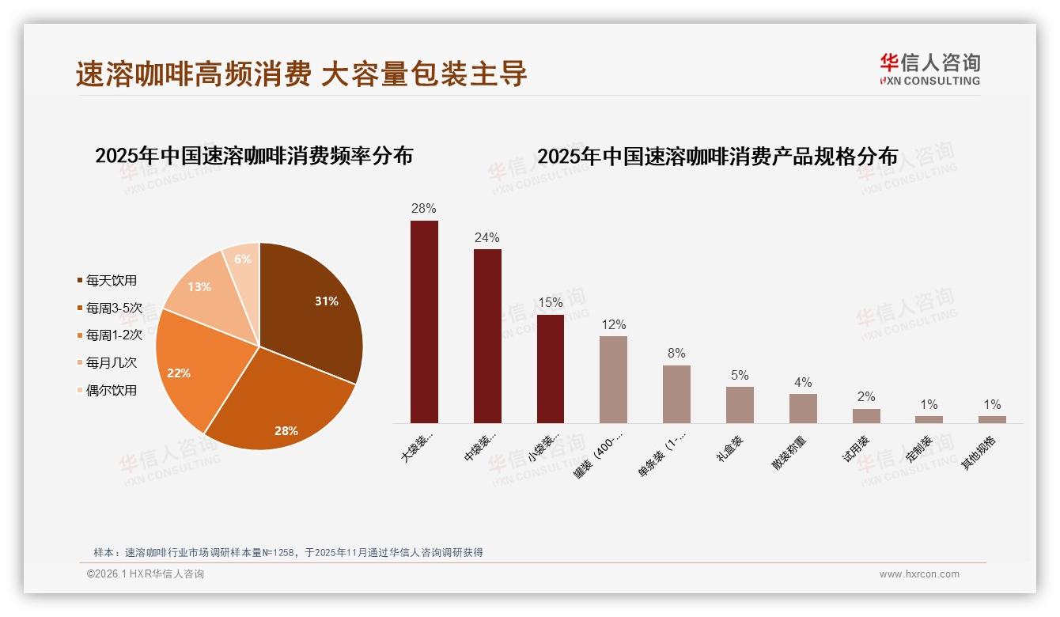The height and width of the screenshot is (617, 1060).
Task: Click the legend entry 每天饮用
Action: tap(111, 280)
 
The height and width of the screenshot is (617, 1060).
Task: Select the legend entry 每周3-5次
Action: tap(113, 308)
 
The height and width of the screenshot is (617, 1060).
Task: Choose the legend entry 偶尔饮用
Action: tap(111, 390)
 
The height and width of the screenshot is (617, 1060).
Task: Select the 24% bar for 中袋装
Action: tap(487, 336)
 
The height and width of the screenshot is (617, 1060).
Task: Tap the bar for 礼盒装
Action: tap(740, 405)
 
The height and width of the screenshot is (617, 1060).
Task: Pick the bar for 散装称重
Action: tap(803, 408)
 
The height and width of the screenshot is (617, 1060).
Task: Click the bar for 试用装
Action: tap(866, 416)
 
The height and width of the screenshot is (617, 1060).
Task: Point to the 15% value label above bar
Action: tap(551, 302)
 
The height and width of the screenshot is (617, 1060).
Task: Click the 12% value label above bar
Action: tap(613, 324)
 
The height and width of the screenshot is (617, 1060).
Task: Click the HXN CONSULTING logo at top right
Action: tap(929, 70)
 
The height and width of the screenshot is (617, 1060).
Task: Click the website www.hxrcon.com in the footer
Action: tap(919, 574)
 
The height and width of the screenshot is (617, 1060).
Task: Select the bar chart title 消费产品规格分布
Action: tap(717, 157)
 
